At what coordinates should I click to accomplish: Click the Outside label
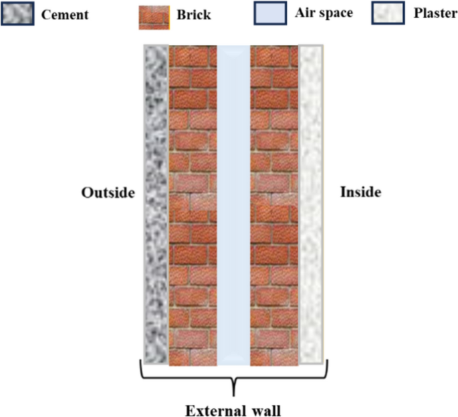(x=108, y=192)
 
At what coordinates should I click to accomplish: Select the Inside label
(x=360, y=192)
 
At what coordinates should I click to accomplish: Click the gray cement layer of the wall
(x=156, y=204)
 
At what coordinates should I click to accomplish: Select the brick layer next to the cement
(x=193, y=204)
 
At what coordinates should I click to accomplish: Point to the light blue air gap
(x=233, y=204)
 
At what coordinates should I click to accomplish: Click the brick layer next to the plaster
(x=275, y=204)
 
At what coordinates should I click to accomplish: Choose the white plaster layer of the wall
(x=312, y=204)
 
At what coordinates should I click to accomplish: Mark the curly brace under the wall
(x=233, y=382)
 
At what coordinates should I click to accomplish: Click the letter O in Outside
(x=87, y=192)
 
